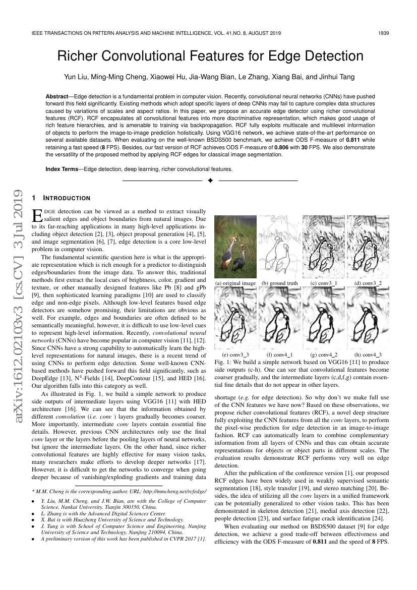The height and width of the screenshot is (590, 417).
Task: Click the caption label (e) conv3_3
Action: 235,355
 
